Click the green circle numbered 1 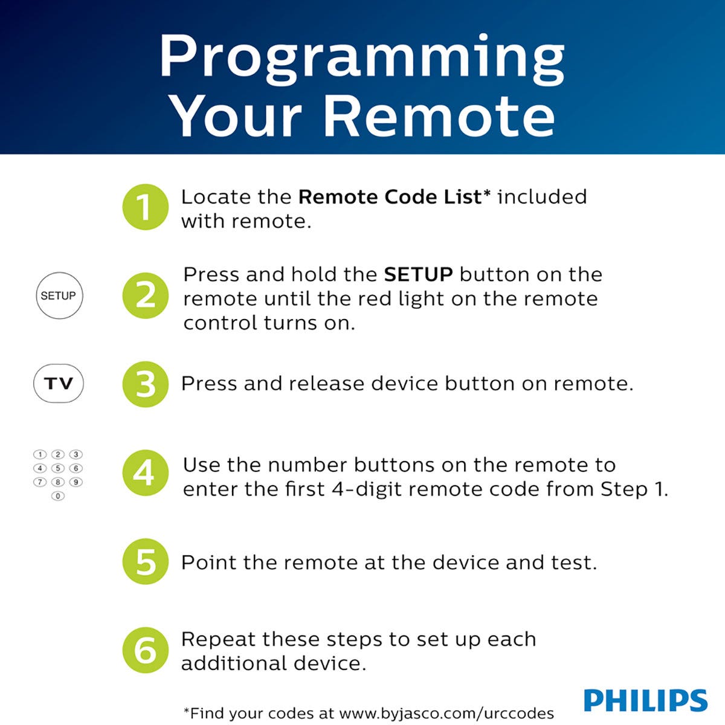click(145, 207)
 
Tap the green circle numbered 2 click(145, 296)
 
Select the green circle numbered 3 click(145, 384)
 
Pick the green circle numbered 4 click(145, 473)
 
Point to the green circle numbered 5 click(145, 562)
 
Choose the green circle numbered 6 click(145, 651)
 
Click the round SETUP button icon click(59, 296)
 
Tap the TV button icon click(59, 384)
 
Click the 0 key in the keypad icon click(58, 496)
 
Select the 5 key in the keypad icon click(58, 468)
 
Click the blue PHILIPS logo click(645, 700)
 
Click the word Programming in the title click(361, 57)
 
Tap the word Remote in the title click(440, 117)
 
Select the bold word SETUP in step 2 click(418, 275)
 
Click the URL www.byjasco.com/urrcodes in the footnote click(446, 713)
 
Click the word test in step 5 click(572, 562)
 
